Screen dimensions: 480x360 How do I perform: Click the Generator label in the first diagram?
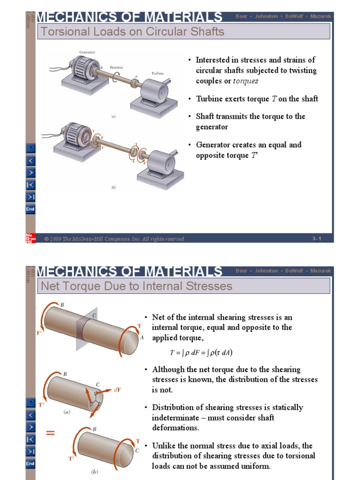pyautogui.click(x=88, y=52)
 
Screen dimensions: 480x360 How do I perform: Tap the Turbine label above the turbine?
pyautogui.click(x=157, y=73)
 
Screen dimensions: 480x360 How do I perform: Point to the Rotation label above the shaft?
pyautogui.click(x=116, y=67)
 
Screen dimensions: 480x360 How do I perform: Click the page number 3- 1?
pyautogui.click(x=317, y=239)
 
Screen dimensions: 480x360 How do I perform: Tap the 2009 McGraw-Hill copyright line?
pyautogui.click(x=115, y=239)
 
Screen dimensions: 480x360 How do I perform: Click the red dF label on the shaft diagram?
pyautogui.click(x=119, y=390)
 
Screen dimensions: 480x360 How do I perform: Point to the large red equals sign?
pyautogui.click(x=51, y=434)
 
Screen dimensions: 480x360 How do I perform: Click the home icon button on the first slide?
pyautogui.click(x=30, y=149)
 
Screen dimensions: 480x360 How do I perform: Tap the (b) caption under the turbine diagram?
pyautogui.click(x=113, y=187)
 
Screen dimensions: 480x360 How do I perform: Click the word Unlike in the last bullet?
pyautogui.click(x=164, y=446)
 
